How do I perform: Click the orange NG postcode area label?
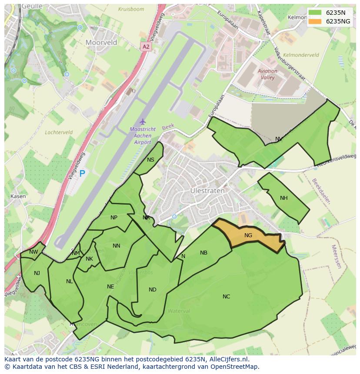(248, 235)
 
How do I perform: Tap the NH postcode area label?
(284, 198)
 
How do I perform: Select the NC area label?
(226, 297)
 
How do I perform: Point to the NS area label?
(150, 160)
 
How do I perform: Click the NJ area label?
(37, 273)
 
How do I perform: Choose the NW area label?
(33, 252)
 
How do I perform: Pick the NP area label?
(114, 218)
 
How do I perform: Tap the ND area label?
(152, 290)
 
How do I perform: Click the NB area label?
(203, 253)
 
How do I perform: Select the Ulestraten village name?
(207, 191)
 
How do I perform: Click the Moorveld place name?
(101, 43)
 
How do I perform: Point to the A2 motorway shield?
(146, 46)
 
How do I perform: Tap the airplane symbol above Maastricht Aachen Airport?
(142, 122)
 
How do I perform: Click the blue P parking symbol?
(82, 174)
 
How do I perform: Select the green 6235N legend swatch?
(315, 13)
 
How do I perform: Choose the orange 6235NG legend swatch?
(315, 21)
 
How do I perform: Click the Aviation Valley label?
(267, 74)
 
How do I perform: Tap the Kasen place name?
(18, 196)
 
